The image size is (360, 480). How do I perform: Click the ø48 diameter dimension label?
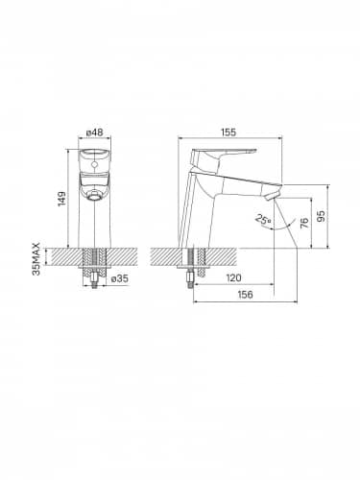click(x=95, y=132)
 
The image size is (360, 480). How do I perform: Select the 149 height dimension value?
click(x=61, y=199)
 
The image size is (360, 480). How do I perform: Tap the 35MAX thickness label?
click(x=36, y=259)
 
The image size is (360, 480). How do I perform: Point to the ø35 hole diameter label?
click(x=120, y=278)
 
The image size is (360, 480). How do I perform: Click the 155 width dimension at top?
click(x=228, y=132)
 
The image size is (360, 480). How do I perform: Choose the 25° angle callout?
click(x=263, y=220)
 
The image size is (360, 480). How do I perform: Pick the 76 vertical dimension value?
click(x=305, y=223)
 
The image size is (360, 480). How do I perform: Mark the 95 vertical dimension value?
click(x=322, y=216)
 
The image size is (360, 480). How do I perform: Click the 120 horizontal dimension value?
click(x=233, y=277)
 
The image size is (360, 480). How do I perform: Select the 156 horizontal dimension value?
click(x=245, y=295)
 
